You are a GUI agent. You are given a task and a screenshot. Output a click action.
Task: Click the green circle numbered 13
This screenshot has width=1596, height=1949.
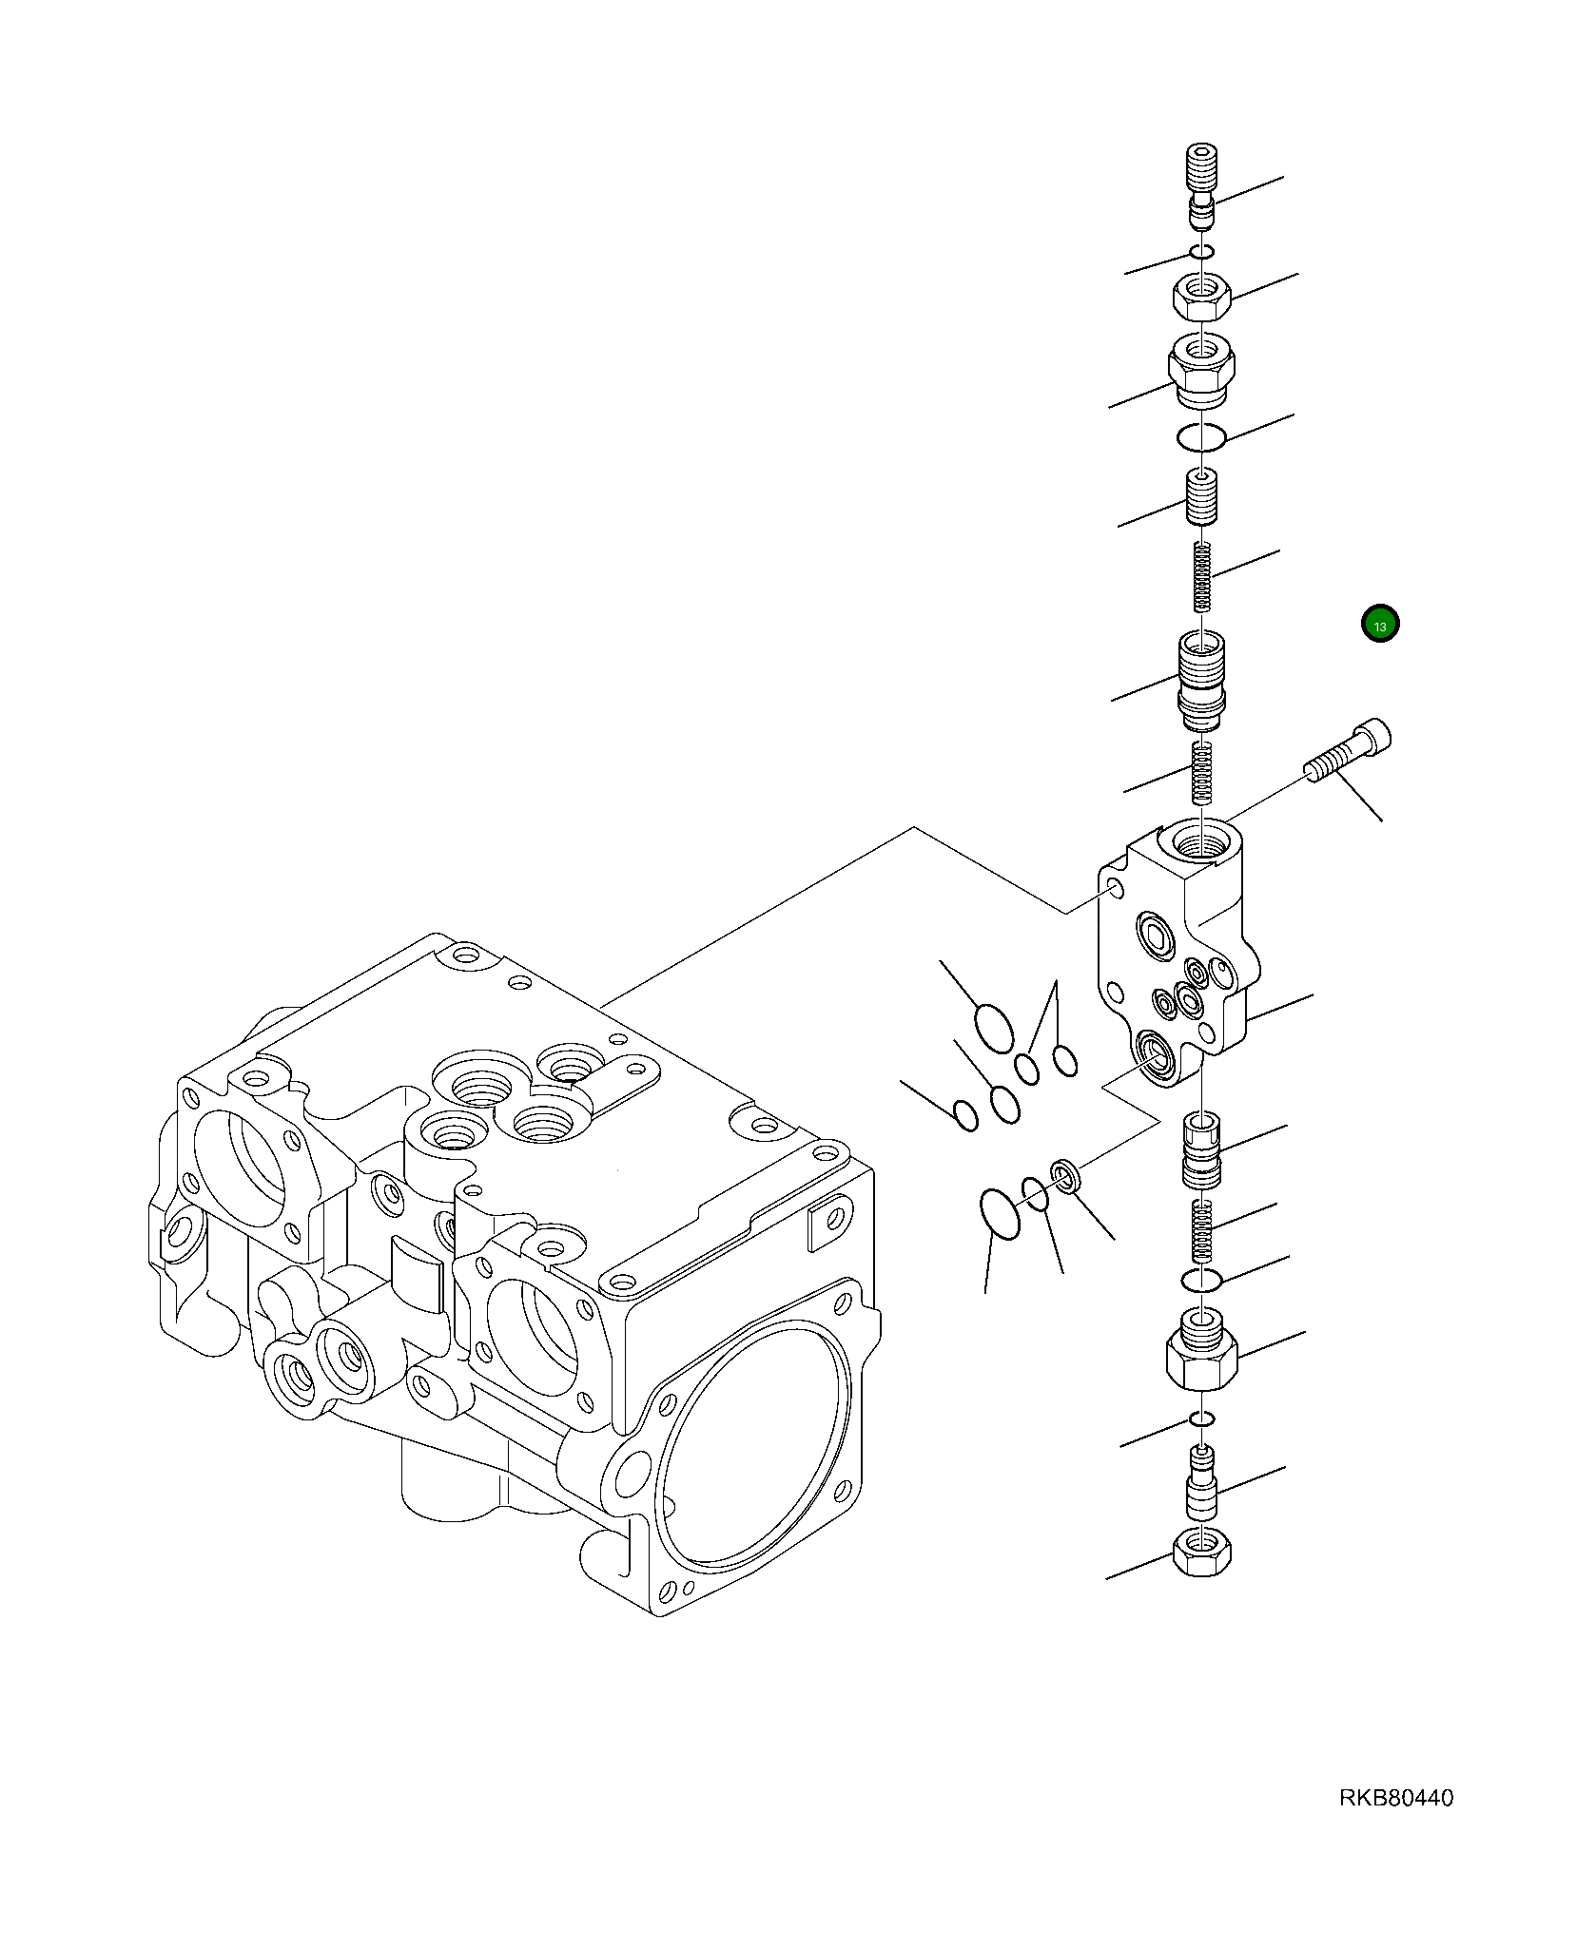tap(1379, 625)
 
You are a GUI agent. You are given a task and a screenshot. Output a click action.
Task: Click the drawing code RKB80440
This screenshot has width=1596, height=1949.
tap(1396, 1798)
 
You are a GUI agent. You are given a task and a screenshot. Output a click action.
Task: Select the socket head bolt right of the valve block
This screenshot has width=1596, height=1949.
tap(1349, 751)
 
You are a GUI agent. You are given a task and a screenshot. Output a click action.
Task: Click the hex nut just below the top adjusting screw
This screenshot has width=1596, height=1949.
tap(1202, 299)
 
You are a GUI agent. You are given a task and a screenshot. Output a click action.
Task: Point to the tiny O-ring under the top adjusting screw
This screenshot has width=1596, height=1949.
tap(1202, 252)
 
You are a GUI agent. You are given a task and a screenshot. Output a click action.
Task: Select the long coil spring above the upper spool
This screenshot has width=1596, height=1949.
tap(1203, 575)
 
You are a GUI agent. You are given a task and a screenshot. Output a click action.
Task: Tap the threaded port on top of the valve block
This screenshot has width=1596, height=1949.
tap(1201, 841)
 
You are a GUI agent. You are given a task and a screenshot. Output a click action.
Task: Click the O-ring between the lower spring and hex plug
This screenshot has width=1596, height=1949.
tap(1201, 1281)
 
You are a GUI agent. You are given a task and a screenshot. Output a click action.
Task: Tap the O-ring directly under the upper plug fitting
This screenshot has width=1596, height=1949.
tap(1201, 437)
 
